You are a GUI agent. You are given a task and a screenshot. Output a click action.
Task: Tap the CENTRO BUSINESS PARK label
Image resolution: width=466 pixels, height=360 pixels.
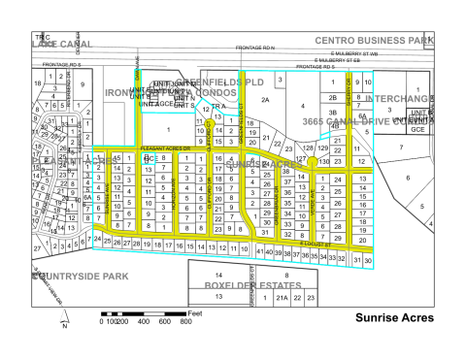[x=387, y=40]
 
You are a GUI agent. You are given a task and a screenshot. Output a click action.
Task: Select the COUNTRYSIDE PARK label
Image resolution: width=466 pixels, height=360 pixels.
[x=74, y=276]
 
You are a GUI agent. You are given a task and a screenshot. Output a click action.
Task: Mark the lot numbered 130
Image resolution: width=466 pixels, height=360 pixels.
[x=324, y=160]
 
